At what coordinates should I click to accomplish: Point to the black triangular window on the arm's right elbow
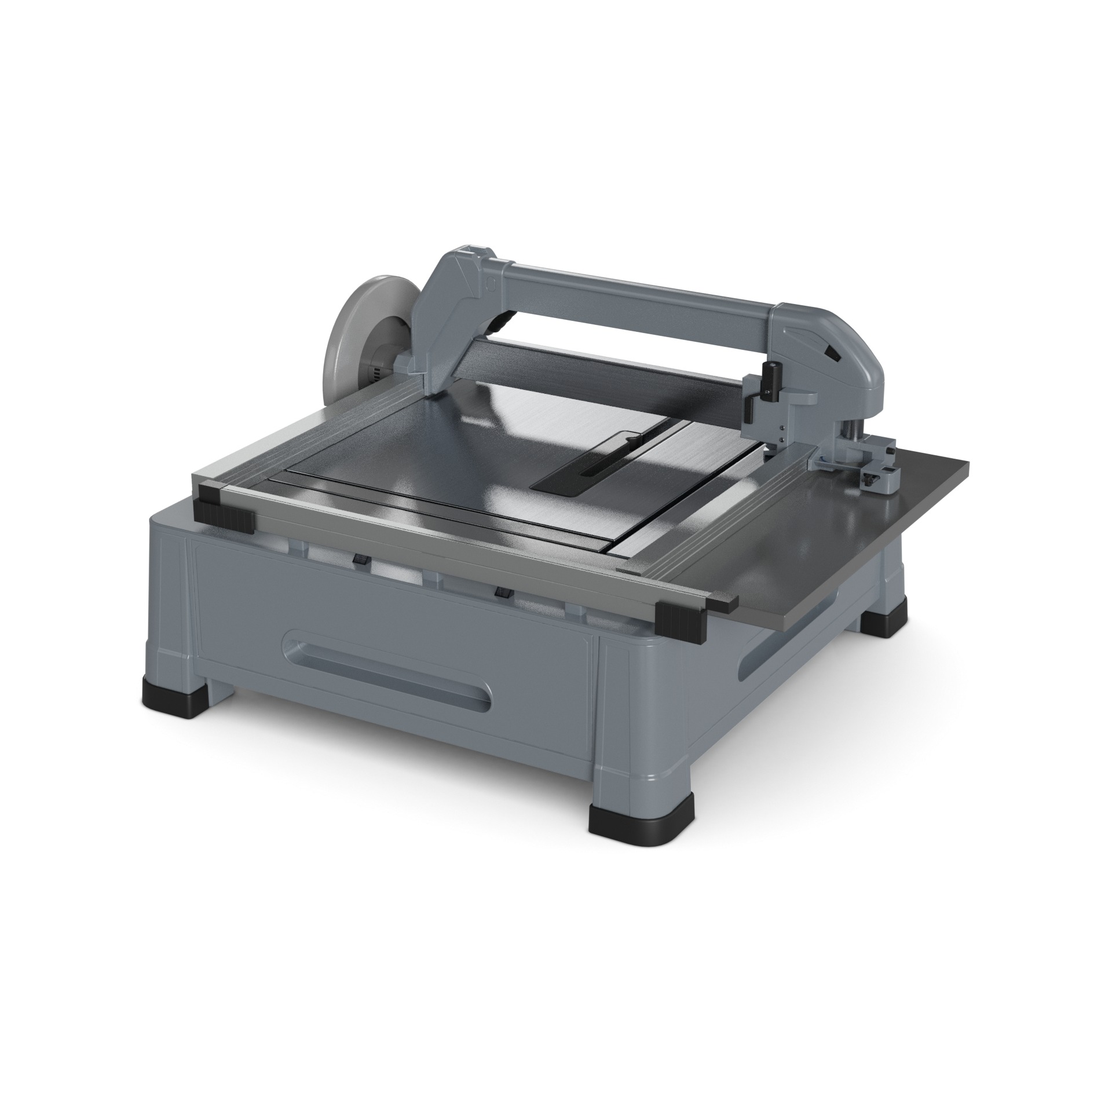pos(832,352)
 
